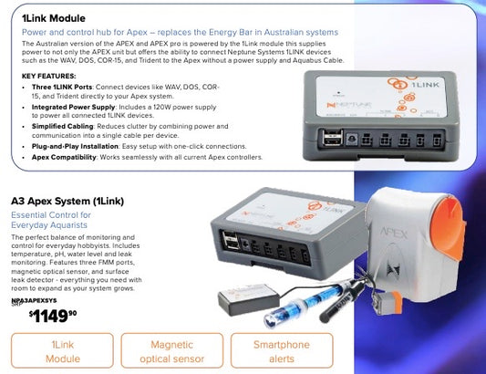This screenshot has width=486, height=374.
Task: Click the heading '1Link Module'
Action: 53,18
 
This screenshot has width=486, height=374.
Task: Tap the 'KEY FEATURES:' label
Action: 48,76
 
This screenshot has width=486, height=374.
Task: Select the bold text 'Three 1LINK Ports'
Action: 62,87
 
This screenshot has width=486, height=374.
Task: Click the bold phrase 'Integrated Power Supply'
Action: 74,107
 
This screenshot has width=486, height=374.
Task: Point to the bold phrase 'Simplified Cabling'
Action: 62,126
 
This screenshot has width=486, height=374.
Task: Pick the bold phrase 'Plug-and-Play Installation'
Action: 75,146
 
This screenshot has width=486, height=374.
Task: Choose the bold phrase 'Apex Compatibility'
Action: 64,157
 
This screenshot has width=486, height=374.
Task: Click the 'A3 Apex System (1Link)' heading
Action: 67,202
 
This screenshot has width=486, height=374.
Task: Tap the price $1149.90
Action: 53,316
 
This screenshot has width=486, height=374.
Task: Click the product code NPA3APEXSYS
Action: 34,300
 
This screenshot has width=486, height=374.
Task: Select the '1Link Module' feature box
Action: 62,351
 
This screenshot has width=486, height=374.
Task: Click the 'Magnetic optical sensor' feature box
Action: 172,351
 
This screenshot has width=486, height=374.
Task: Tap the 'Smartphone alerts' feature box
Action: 282,351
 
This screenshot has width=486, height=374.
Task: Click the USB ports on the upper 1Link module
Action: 333,137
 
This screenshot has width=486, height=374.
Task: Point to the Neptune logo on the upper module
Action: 349,105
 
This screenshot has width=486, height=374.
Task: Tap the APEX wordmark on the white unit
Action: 394,233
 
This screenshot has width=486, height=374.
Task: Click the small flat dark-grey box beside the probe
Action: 249,299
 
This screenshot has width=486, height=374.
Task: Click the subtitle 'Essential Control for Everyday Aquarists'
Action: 51,220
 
